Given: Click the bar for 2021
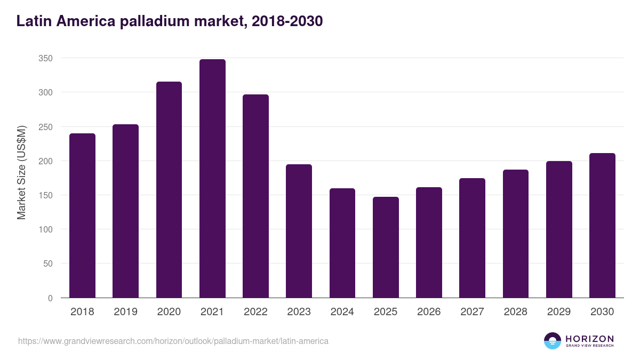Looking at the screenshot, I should (212, 179).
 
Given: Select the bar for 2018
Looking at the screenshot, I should (82, 215).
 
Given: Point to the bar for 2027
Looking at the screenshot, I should (472, 238).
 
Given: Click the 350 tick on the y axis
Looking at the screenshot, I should (45, 58).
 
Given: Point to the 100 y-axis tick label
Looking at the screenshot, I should (45, 229).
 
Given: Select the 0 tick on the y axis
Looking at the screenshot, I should (50, 298).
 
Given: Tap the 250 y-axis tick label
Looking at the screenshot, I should (45, 127).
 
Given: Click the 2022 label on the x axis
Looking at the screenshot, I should (255, 312).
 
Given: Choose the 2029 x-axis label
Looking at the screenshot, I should (559, 312).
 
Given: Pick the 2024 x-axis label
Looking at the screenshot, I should (342, 312).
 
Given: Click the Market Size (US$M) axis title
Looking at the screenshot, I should (21, 172).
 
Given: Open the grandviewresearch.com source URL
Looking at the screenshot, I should (173, 341).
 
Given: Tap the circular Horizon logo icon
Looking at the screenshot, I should (553, 341).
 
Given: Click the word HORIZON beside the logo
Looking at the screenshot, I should (589, 339).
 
